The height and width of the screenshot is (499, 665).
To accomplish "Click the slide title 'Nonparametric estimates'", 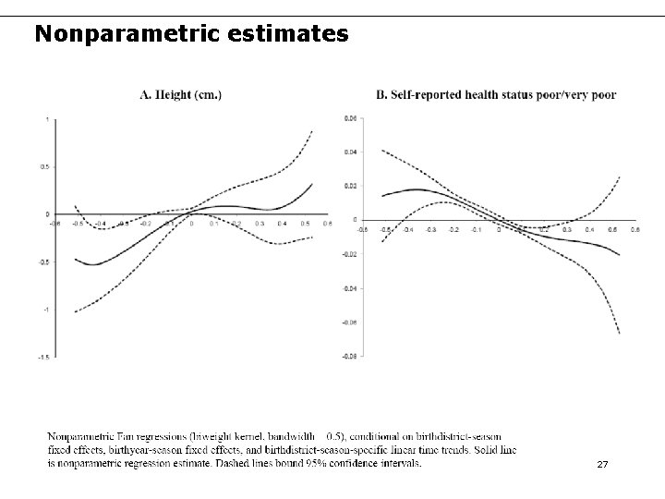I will [x=191, y=35].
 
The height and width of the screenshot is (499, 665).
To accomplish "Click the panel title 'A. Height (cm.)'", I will [x=180, y=93].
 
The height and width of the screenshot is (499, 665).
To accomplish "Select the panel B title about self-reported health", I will [x=496, y=93].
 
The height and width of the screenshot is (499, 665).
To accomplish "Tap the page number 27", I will [x=602, y=464].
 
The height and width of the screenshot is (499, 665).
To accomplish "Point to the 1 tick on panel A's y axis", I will [x=47, y=119].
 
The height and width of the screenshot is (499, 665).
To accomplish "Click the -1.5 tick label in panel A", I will [x=44, y=357].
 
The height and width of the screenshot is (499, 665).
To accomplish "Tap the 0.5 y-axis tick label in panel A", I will [x=45, y=167].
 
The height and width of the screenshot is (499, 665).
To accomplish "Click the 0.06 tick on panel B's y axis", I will [x=349, y=118].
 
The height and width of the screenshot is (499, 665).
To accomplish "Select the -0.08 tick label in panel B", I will [x=348, y=356].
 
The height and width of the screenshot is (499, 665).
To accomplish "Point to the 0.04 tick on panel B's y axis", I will [x=349, y=152].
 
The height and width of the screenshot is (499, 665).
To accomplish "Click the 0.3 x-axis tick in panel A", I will [x=260, y=223].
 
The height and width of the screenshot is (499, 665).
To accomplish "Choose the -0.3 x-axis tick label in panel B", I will [x=430, y=229].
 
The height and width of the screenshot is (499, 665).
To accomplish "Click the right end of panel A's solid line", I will [x=312, y=183].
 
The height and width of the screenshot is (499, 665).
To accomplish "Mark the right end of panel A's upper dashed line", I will [x=312, y=131].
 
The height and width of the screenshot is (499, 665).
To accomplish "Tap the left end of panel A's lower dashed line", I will [x=75, y=311].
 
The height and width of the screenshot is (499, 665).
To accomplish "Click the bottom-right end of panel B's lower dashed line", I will [x=619, y=333].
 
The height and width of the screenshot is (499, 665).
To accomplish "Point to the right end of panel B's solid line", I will [x=619, y=255].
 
